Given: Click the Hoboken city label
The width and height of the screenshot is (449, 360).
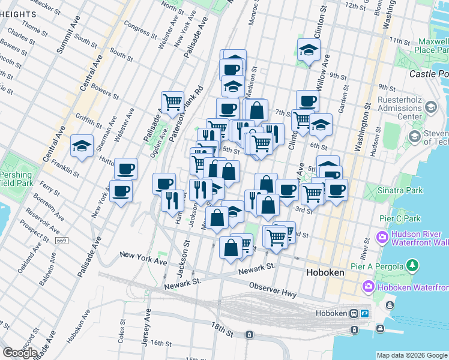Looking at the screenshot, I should pos(325,272).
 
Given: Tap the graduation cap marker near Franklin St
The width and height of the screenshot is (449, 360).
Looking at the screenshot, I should pos(82,146).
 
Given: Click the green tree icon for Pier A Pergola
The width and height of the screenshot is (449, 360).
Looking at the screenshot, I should pos(412,265).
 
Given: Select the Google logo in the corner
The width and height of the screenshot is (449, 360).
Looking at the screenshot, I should pos(20,352).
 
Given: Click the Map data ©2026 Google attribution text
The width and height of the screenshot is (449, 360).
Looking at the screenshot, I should pos(412,355).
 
